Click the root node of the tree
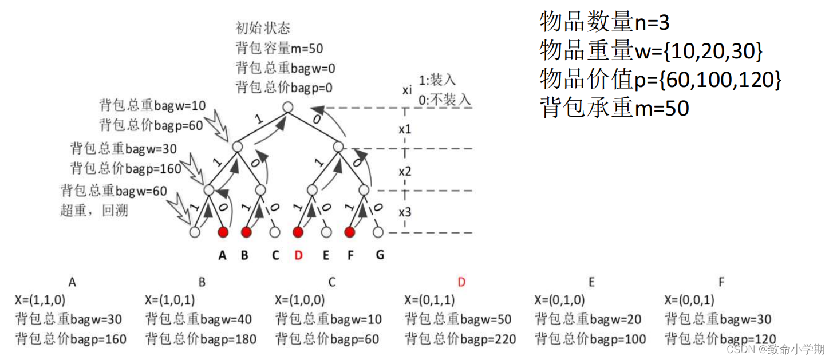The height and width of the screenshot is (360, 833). coord(288,107)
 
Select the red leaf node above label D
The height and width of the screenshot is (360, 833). coord(298,232)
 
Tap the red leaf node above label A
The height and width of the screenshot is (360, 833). coord(223,232)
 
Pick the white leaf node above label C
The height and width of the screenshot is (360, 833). coord(275,232)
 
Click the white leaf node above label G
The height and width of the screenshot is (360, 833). coord(378,232)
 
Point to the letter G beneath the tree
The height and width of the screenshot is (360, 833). coord(380,255)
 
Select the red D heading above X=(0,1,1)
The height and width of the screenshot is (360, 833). coord(461,282)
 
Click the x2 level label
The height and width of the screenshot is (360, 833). coord(405,171)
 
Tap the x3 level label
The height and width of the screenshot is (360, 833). coord(405,212)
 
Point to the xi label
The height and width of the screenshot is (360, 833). coord(406,90)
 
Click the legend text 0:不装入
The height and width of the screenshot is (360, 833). coord(445,99)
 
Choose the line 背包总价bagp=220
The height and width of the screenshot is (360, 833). coord(461,339)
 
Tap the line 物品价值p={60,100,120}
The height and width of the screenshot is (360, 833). coord(661,80)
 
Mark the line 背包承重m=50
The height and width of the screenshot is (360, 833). coord(615,108)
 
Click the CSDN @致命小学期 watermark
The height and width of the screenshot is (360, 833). coord(775,349)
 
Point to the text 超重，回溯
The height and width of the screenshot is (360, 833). coord(94,210)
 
